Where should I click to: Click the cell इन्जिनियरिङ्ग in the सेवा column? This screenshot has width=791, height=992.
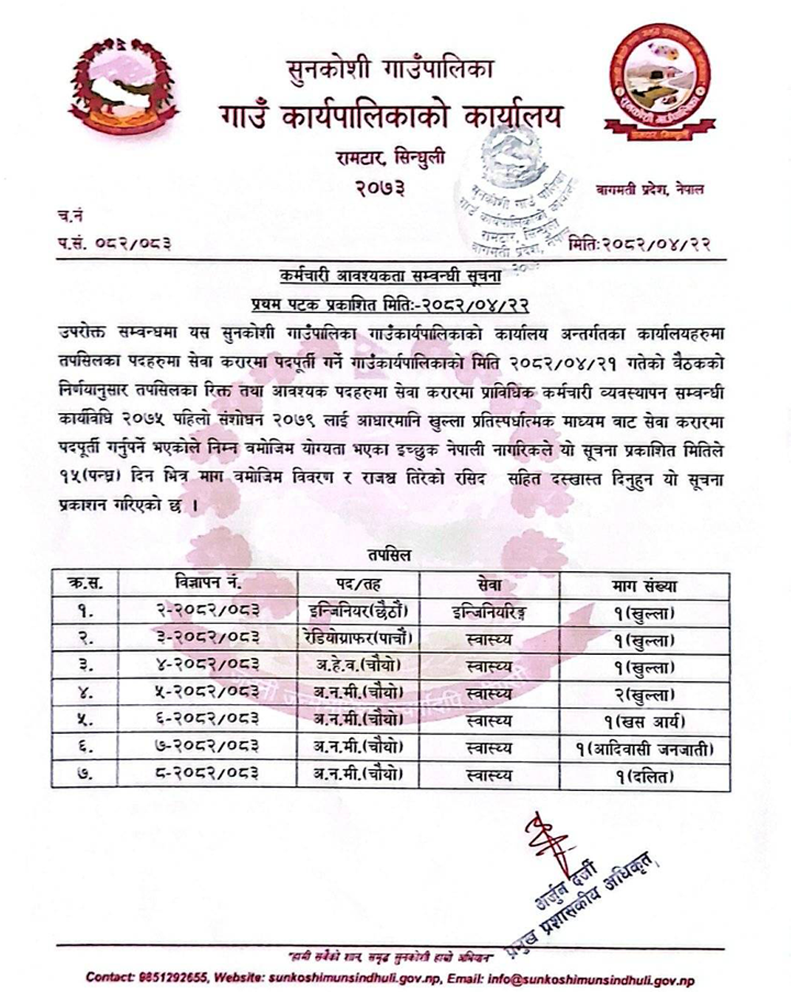point(488,612)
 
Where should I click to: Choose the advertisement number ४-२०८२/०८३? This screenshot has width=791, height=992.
point(208,666)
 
